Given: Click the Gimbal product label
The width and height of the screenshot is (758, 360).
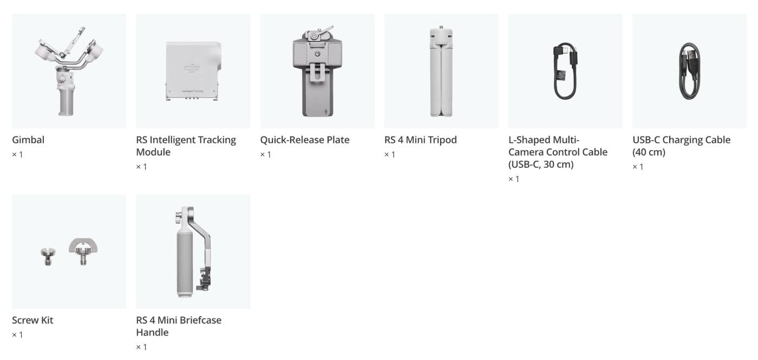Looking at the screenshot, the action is [x=28, y=140].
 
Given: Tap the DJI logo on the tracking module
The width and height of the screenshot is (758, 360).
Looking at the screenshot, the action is [x=192, y=69].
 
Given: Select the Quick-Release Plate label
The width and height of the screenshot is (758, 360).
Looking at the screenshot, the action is [x=304, y=140].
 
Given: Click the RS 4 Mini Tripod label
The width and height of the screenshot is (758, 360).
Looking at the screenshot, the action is [x=420, y=140].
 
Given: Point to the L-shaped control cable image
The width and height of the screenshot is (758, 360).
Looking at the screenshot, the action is [x=565, y=70].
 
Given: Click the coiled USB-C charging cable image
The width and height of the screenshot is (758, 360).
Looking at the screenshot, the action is [x=689, y=70].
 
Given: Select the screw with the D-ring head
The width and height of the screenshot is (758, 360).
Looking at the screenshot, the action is [x=83, y=250].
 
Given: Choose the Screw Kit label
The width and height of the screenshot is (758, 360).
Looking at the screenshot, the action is [x=32, y=320].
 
